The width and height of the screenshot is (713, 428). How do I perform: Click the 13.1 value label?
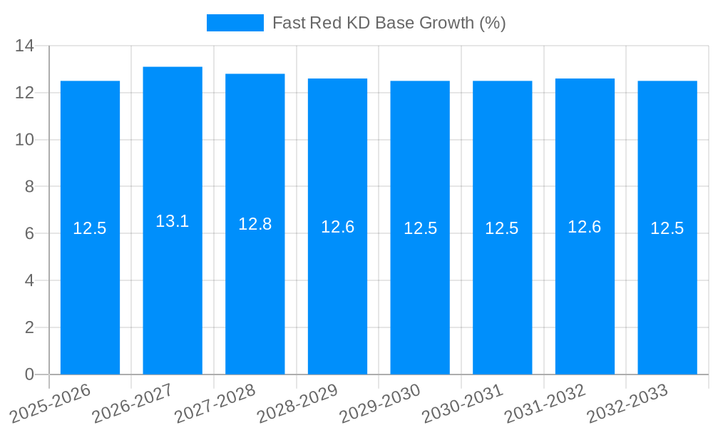point(173,221)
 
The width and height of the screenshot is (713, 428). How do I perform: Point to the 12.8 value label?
point(255,224)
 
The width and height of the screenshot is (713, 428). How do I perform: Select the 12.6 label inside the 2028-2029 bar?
point(337,227)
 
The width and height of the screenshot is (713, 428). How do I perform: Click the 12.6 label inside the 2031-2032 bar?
point(585,227)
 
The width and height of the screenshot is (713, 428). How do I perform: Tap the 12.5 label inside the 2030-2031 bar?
point(502,228)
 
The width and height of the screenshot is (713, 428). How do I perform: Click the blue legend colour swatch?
point(235,23)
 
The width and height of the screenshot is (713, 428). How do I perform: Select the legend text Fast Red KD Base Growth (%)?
point(389,23)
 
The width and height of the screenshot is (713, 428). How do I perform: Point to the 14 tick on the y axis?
point(25,46)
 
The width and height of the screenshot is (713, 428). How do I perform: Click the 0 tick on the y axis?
point(29,374)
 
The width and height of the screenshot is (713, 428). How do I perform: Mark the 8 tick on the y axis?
point(29,187)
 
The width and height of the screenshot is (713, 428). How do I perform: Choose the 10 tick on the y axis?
point(25,140)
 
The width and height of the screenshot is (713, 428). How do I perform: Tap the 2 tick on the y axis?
point(29,327)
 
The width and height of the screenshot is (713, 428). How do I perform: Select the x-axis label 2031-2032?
point(545,403)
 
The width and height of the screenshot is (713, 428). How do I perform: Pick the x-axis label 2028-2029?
point(298,403)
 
